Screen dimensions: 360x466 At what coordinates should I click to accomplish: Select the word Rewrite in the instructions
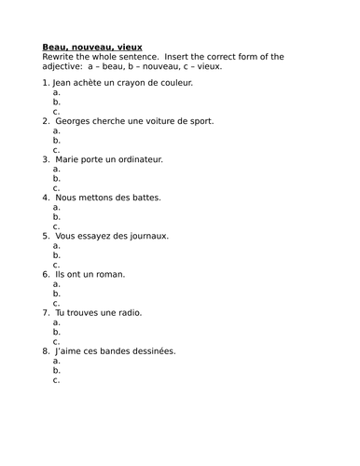pos(62,57)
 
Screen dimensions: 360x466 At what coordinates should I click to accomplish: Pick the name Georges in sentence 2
pos(75,121)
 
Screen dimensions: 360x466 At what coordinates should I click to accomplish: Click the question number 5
pos(46,236)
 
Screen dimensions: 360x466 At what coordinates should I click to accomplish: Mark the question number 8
pos(46,350)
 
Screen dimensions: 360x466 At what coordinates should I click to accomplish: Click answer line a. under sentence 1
pos(57,93)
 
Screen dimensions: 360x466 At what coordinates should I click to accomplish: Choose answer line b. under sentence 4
pos(57,217)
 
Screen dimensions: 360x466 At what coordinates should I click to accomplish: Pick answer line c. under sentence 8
pos(57,379)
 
